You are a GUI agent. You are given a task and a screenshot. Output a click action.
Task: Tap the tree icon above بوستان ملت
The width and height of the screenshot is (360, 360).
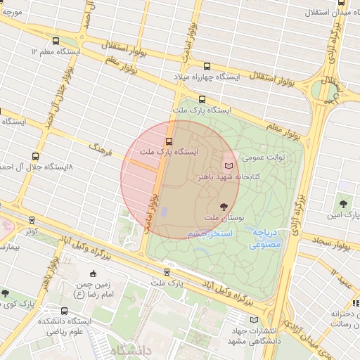(x=224, y=207)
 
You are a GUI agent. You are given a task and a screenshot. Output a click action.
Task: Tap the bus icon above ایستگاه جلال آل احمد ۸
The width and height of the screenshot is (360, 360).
(x=36, y=156)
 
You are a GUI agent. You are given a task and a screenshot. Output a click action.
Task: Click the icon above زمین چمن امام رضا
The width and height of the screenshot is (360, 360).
(x=94, y=274)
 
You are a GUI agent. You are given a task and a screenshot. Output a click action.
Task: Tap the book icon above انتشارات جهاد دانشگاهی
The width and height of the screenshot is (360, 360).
(x=254, y=320)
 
